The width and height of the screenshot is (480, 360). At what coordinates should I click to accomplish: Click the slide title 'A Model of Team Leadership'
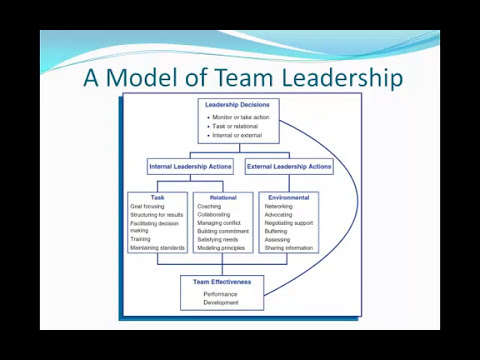pyautogui.click(x=243, y=77)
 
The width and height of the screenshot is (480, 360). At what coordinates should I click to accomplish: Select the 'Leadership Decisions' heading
pyautogui.click(x=236, y=105)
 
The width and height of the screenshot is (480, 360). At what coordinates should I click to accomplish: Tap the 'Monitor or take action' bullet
pyautogui.click(x=240, y=118)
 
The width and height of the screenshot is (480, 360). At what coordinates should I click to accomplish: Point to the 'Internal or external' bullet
pyautogui.click(x=236, y=135)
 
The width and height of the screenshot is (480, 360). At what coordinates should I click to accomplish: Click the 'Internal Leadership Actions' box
pyautogui.click(x=190, y=167)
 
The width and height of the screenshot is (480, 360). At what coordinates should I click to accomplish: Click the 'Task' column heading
pyautogui.click(x=157, y=197)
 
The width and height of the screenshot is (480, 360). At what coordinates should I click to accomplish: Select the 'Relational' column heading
pyautogui.click(x=222, y=197)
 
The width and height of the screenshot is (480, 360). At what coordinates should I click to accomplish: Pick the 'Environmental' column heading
pyautogui.click(x=288, y=197)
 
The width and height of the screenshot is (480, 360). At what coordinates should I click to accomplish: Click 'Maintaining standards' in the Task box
pyautogui.click(x=158, y=247)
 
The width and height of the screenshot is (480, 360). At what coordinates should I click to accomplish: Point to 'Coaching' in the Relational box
pyautogui.click(x=210, y=206)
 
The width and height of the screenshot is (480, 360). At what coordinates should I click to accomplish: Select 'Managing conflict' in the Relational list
pyautogui.click(x=219, y=222)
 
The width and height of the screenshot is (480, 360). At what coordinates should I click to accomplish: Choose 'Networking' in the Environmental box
pyautogui.click(x=279, y=206)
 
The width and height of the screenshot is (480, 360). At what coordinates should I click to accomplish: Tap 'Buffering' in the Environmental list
pyautogui.click(x=276, y=231)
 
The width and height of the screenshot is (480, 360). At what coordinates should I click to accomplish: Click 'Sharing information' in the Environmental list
pyautogui.click(x=289, y=247)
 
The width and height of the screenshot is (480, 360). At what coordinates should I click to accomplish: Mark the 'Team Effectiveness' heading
pyautogui.click(x=222, y=282)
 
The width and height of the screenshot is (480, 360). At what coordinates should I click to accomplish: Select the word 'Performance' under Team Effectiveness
pyautogui.click(x=221, y=294)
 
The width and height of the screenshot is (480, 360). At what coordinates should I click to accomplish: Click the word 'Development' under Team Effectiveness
pyautogui.click(x=221, y=302)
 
